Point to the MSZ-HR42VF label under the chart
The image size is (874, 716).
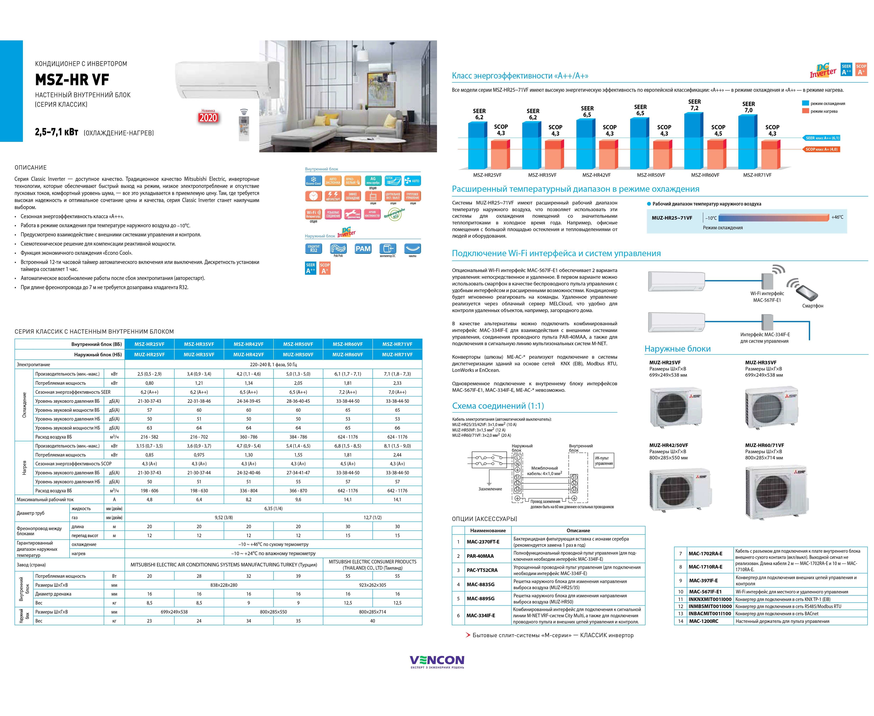click(x=596, y=175)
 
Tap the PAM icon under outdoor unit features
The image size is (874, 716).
click(x=363, y=249)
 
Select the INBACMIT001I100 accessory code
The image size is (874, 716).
click(x=710, y=614)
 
